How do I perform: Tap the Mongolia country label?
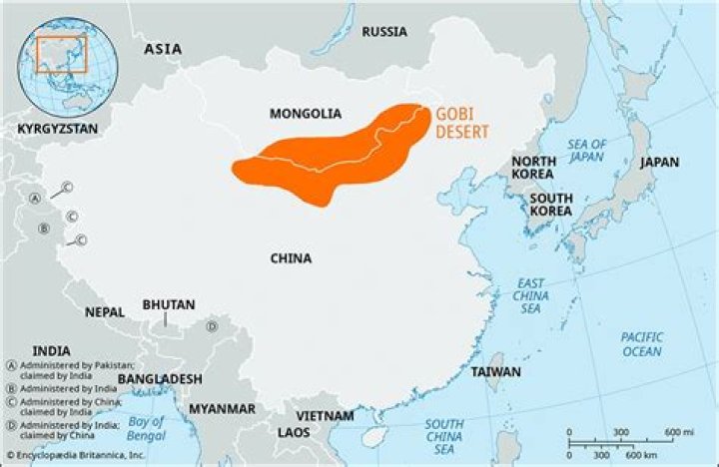306,114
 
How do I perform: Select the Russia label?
384,31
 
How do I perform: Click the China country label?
291,258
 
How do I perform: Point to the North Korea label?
534,169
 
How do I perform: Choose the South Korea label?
551,205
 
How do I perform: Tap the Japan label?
659,162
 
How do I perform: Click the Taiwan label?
496,372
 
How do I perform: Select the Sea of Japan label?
587,150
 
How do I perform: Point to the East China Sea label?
530,296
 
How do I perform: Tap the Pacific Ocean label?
641,344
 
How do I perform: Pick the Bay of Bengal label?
147,428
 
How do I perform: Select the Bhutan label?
169,304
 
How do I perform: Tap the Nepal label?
105,312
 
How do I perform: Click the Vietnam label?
325,415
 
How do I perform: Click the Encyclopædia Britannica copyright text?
75,456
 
